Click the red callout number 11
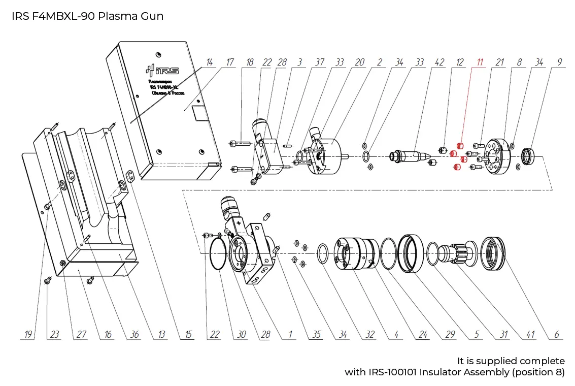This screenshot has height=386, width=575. (x=480, y=62)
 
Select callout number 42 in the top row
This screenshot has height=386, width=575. (x=439, y=62)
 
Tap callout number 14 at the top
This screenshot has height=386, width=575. (x=210, y=62)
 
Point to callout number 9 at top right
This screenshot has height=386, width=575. (x=559, y=62)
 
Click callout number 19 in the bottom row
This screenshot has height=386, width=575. (x=28, y=335)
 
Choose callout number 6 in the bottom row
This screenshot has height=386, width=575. (x=557, y=335)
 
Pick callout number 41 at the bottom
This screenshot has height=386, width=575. (x=530, y=335)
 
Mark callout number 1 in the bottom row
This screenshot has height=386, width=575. (x=291, y=335)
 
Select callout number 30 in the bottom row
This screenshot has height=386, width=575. (x=242, y=335)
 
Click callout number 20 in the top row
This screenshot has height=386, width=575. (x=359, y=62)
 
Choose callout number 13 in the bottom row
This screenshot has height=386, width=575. (x=161, y=335)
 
